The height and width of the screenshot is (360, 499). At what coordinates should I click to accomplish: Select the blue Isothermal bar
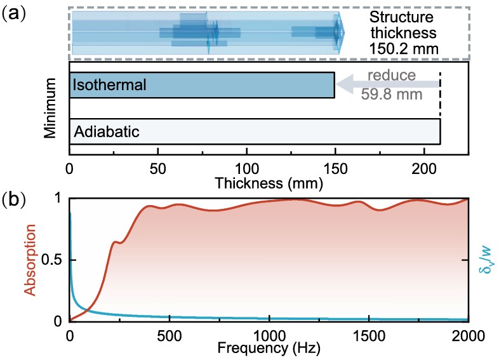(x=202, y=85)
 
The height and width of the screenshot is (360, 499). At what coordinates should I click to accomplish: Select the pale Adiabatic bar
(x=254, y=131)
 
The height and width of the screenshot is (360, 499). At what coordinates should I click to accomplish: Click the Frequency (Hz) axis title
(x=268, y=349)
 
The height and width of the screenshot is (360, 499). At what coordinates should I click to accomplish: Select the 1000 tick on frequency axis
(x=269, y=335)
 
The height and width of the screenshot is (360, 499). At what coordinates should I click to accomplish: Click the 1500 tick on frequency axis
(x=368, y=335)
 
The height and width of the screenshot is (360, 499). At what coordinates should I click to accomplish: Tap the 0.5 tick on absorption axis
(x=54, y=260)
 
